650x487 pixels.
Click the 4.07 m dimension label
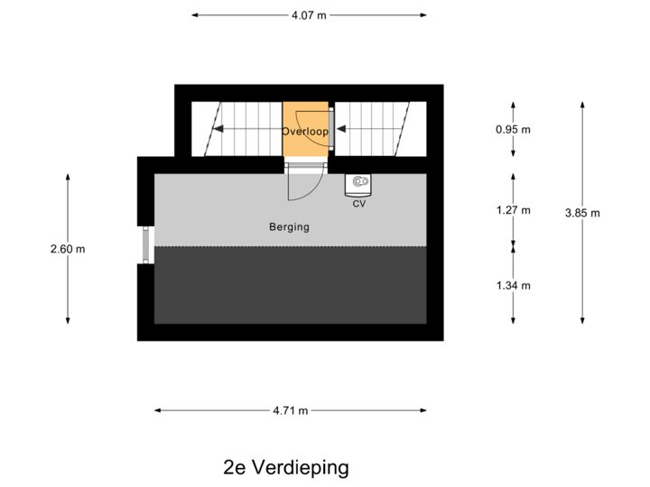[309, 15]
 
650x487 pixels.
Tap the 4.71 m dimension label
[291, 410]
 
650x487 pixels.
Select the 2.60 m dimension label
[69, 248]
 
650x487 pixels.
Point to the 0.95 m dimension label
[514, 129]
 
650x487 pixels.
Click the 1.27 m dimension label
[514, 210]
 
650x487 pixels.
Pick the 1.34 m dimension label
[514, 286]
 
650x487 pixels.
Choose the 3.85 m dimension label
[582, 213]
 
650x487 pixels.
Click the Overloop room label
[305, 132]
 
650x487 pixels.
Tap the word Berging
[289, 227]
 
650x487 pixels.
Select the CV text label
[359, 204]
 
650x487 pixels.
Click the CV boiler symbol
[360, 184]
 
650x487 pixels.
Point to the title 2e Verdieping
[285, 467]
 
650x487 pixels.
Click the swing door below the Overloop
[303, 179]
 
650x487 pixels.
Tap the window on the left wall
[144, 244]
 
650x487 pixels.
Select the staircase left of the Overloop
[237, 129]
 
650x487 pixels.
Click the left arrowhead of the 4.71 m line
[157, 410]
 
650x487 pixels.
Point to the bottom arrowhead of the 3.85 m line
[582, 321]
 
